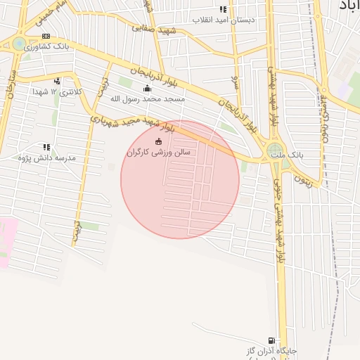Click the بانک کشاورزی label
46,46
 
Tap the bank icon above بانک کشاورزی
46,36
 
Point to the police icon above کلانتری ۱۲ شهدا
57,81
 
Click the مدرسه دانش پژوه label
47,158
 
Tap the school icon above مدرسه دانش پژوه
47,147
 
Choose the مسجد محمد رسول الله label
147,99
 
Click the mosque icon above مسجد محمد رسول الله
147,89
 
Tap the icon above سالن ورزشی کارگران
157,141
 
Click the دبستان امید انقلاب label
224,20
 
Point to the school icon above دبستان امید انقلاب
224,9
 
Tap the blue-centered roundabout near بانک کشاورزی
19,44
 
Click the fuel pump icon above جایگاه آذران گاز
271,340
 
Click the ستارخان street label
10,84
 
